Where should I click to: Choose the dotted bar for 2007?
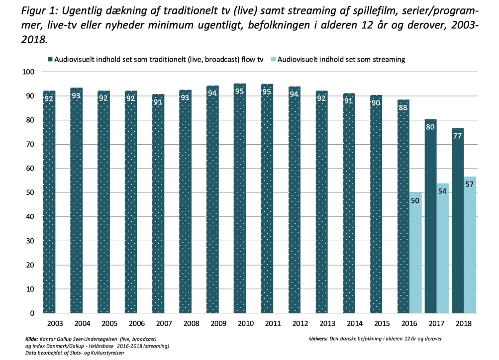[158, 203]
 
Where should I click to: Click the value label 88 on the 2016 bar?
[403, 108]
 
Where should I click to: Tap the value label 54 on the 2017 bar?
[443, 190]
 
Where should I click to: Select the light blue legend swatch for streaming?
[273, 59]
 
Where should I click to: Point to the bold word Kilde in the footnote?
[31, 339]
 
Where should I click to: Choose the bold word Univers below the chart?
[317, 339]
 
